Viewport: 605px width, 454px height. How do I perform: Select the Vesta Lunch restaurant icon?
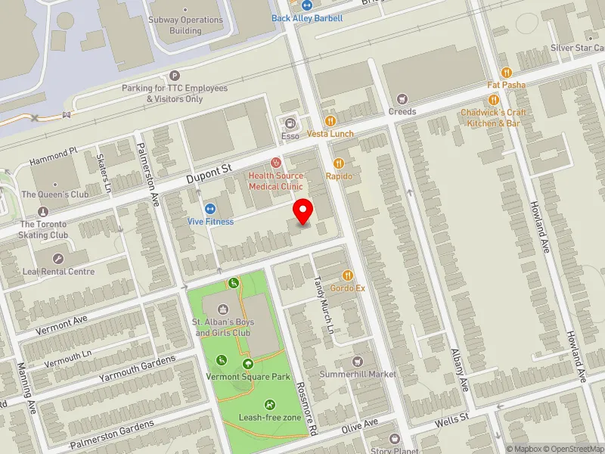click(330, 120)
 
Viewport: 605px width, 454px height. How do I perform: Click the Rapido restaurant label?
click(339, 176)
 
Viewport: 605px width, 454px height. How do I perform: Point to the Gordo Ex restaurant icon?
click(348, 275)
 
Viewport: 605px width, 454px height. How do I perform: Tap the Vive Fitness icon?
click(210, 209)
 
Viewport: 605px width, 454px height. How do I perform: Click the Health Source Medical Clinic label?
click(276, 181)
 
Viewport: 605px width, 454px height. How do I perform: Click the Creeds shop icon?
click(402, 98)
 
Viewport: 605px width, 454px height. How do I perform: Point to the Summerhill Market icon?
click(358, 362)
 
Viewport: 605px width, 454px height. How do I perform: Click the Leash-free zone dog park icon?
click(270, 405)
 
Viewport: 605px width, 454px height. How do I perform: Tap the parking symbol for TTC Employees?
click(175, 75)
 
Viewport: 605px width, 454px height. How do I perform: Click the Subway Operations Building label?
click(185, 26)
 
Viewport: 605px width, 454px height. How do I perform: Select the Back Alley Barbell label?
click(307, 18)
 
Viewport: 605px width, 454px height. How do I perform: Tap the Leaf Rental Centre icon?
click(58, 258)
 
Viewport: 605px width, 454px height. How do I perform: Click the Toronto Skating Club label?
click(43, 229)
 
